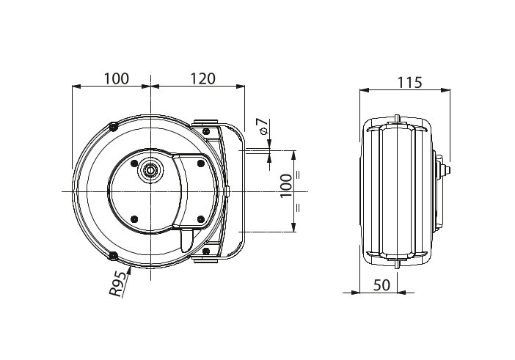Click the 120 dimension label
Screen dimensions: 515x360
pos(203,78)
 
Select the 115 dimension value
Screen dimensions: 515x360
pos(409,82)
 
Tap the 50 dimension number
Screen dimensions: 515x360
pos(382,285)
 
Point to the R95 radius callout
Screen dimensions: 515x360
pos(118,284)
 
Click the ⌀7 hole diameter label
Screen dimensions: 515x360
pos(264,127)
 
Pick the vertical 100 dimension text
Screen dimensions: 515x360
pos(286,185)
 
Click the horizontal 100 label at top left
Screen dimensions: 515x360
pos(117,78)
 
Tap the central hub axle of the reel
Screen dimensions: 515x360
pos(150,170)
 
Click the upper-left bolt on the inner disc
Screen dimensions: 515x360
pos(134,163)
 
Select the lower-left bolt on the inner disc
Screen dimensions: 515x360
pos(134,218)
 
